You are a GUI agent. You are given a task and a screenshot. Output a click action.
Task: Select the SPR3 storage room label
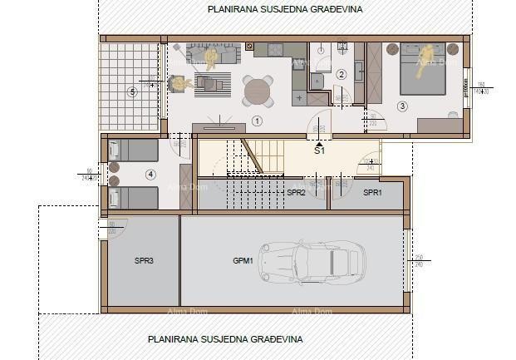pos(144,261)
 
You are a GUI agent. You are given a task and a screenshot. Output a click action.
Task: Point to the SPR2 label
pos(296,192)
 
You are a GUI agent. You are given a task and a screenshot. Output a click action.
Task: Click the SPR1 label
pos(372,192)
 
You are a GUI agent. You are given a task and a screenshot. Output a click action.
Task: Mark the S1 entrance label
pos(319,152)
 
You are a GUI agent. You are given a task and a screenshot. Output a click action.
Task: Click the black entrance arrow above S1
pos(319,143)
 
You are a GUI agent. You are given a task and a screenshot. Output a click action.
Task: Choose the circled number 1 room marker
pos(257,121)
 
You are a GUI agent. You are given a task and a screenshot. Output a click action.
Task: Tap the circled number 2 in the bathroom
pos(341,74)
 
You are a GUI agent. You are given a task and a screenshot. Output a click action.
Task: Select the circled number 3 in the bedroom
pos(402,106)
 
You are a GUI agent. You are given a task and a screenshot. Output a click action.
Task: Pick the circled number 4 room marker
pos(150,175)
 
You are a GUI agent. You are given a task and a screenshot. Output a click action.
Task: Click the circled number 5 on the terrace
pos(131,91)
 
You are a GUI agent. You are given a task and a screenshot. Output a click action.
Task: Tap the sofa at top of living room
pos(213,53)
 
